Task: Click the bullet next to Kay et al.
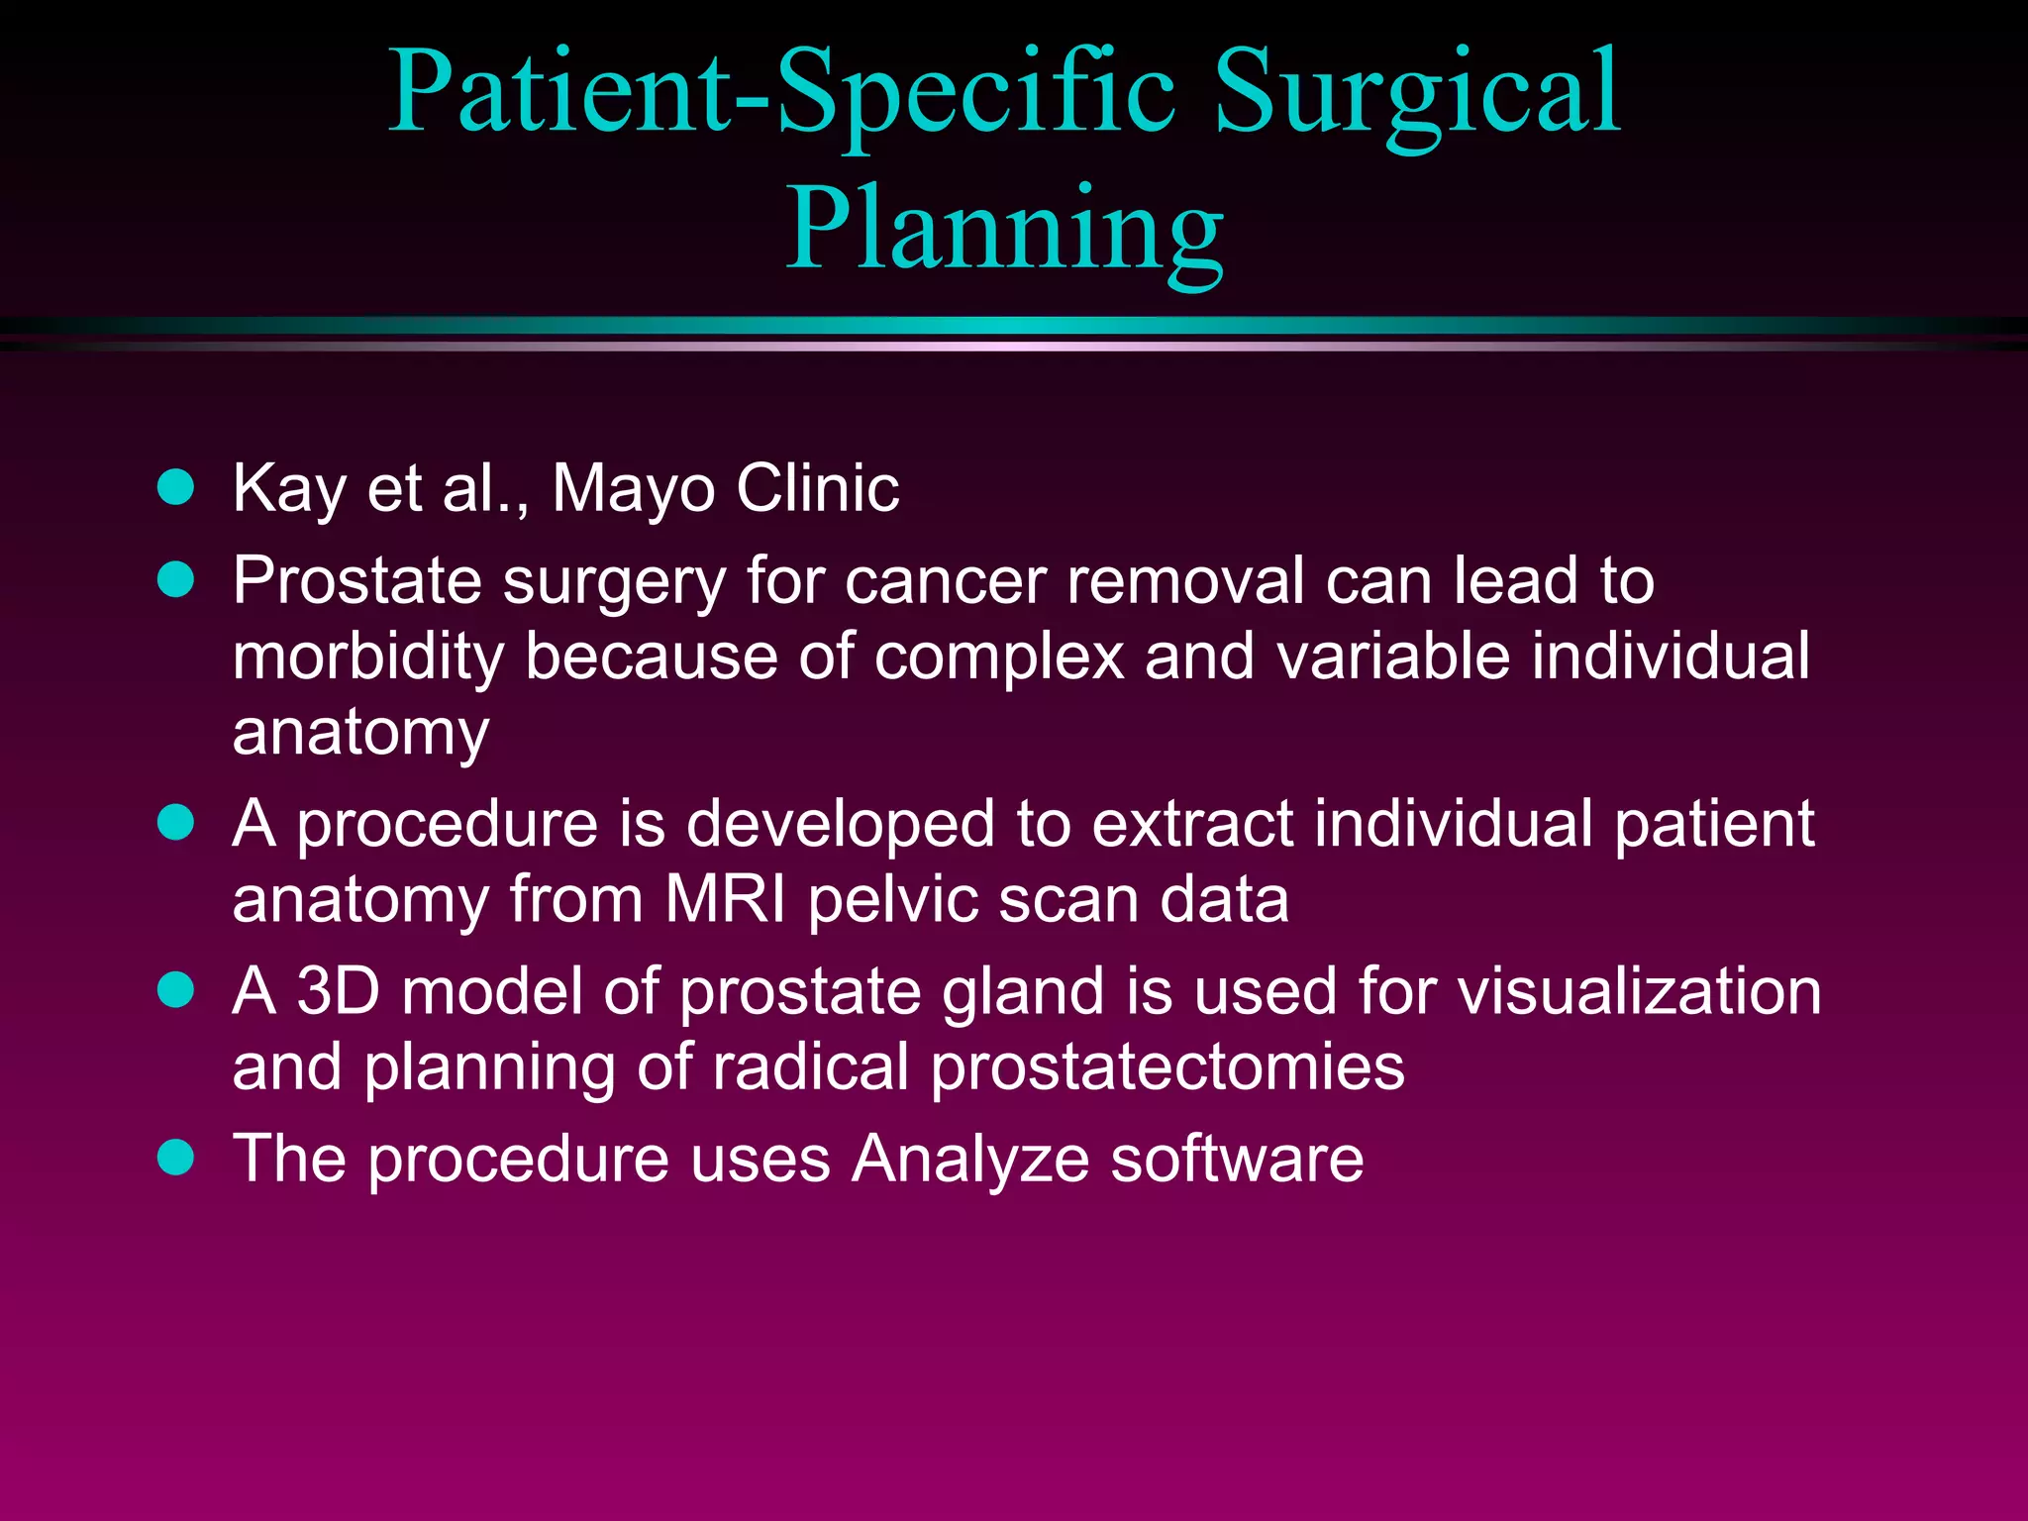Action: click(176, 487)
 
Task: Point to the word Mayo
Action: click(633, 489)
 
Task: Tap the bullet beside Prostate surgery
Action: click(176, 579)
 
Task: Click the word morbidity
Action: click(367, 658)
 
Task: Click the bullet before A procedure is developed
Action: click(176, 823)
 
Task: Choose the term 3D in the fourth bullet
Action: click(338, 990)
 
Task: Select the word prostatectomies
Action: click(1167, 1067)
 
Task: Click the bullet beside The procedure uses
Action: click(176, 1157)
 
